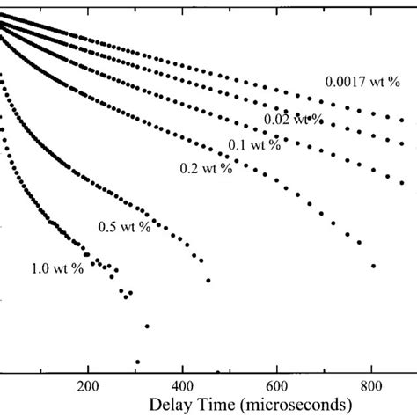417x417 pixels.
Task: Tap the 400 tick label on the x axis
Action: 182,384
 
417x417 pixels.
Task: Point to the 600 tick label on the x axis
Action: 277,384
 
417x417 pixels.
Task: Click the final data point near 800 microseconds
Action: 374,265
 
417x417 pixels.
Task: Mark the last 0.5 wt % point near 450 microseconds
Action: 208,281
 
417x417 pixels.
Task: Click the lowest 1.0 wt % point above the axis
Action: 138,362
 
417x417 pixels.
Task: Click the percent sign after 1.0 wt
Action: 79,267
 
